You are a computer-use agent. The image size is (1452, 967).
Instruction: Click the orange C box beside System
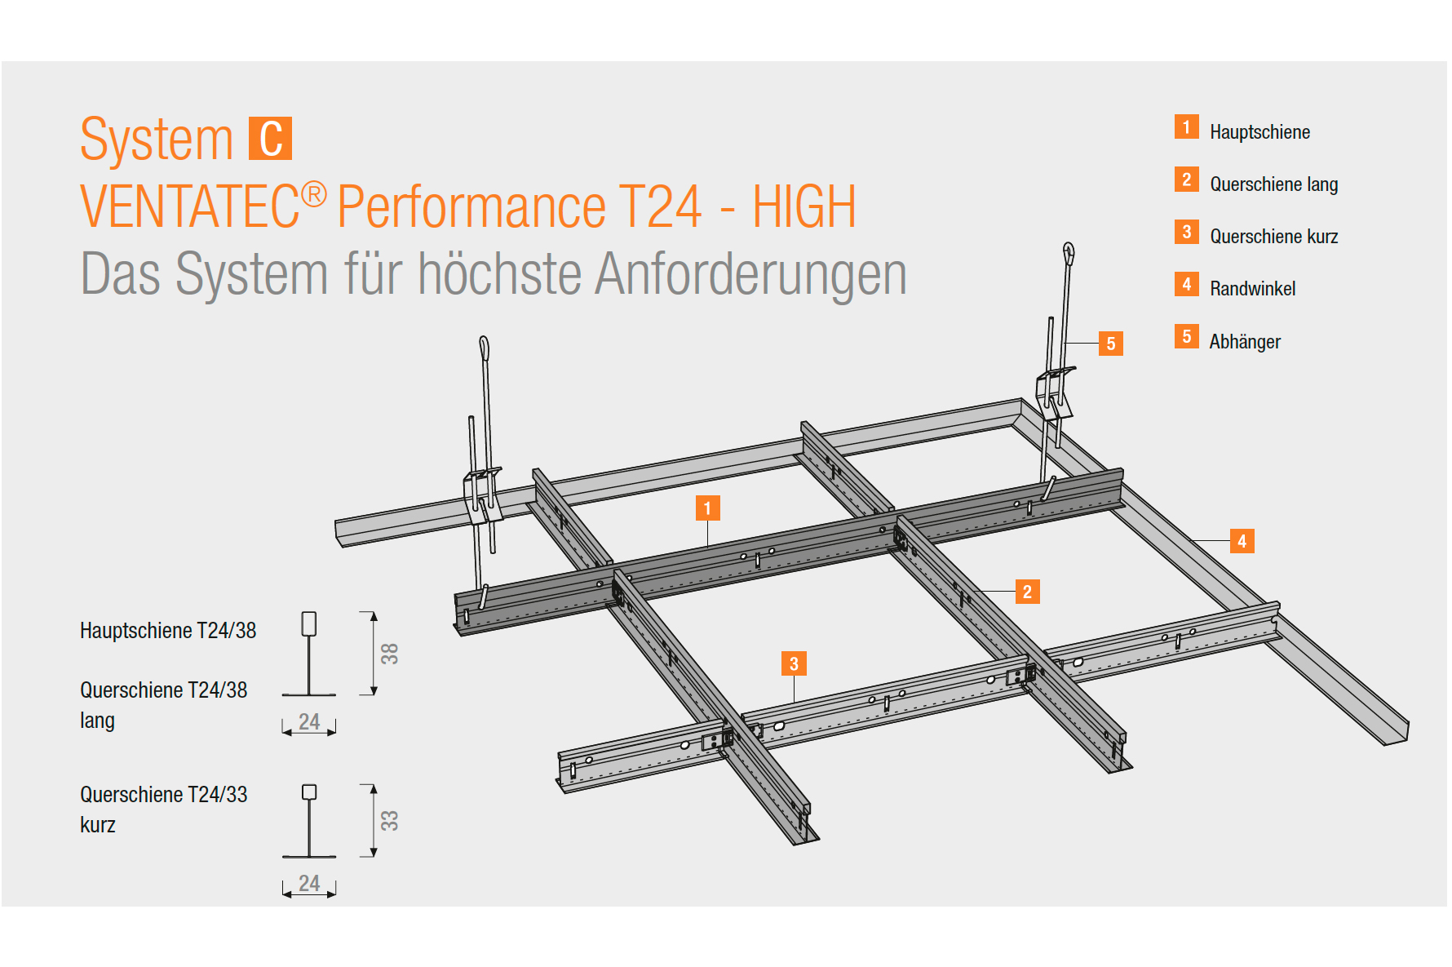pyautogui.click(x=270, y=140)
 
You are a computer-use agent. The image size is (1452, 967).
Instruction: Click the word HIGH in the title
pyautogui.click(x=803, y=206)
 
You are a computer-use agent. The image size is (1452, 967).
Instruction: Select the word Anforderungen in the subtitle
pyautogui.click(x=750, y=273)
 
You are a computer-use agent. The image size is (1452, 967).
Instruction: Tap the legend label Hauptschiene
pyautogui.click(x=1259, y=132)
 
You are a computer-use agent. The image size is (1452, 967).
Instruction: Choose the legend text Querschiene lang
pyautogui.click(x=1273, y=184)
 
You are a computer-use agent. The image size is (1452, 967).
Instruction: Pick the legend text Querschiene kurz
pyautogui.click(x=1273, y=237)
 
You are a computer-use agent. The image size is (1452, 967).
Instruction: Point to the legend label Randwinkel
pyautogui.click(x=1252, y=289)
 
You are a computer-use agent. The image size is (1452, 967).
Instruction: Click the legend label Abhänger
pyautogui.click(x=1245, y=342)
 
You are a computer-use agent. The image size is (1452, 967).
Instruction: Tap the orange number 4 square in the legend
pyautogui.click(x=1187, y=284)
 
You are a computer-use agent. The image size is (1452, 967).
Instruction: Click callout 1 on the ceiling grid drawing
pyautogui.click(x=707, y=508)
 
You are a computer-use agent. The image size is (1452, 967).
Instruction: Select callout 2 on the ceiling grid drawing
pyautogui.click(x=1027, y=592)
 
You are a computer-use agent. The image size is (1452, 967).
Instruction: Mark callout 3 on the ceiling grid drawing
pyautogui.click(x=794, y=663)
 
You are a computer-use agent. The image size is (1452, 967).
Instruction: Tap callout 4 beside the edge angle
pyautogui.click(x=1242, y=541)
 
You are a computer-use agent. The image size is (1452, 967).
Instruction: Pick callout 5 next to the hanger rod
pyautogui.click(x=1110, y=344)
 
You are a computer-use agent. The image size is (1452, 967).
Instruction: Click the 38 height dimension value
pyautogui.click(x=390, y=654)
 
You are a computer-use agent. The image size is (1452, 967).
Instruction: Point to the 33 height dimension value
pyautogui.click(x=390, y=820)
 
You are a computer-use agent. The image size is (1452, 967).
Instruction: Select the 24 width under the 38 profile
pyautogui.click(x=309, y=721)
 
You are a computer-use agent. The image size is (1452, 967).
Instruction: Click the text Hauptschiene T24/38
pyautogui.click(x=168, y=631)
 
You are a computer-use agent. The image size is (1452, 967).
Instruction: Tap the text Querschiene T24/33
pyautogui.click(x=164, y=795)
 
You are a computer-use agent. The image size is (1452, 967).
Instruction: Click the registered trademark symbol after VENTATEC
pyautogui.click(x=314, y=194)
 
